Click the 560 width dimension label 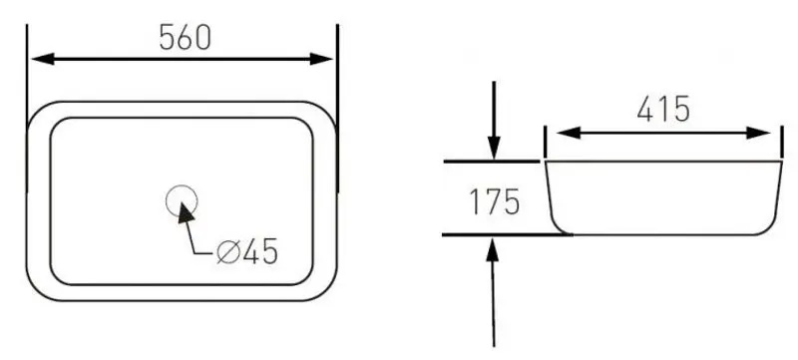click(x=185, y=37)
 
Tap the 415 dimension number click(x=663, y=109)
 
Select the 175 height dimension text click(x=494, y=201)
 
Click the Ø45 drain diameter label click(x=247, y=250)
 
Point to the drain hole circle click(x=182, y=186)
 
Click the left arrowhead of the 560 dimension click(x=43, y=59)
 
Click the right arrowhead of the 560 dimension click(x=321, y=59)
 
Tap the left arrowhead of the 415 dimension click(x=569, y=134)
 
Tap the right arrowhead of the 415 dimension click(x=758, y=134)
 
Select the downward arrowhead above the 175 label click(x=494, y=148)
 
